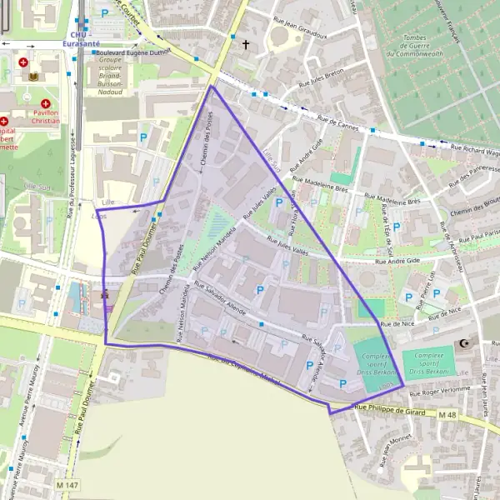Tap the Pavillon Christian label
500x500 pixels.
pos(47,116)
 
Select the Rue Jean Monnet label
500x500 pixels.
pos(386,450)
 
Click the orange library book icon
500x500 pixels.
pos(34,77)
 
